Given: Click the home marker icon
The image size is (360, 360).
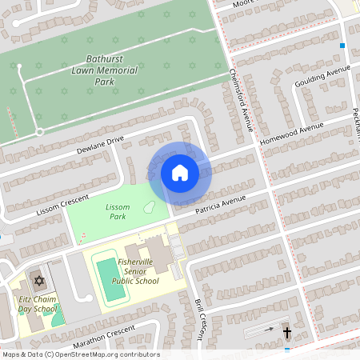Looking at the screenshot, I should (x=180, y=173).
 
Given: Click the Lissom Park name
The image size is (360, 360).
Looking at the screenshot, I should (x=117, y=211).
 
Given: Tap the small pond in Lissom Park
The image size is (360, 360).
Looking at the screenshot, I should (x=149, y=207).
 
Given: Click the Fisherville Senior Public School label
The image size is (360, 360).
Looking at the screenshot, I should (x=135, y=271).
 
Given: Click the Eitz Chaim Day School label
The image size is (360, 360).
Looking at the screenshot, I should (x=38, y=304).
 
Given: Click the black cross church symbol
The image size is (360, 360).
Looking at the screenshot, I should (x=287, y=331).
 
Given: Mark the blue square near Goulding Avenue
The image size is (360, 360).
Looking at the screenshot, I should (x=342, y=46).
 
